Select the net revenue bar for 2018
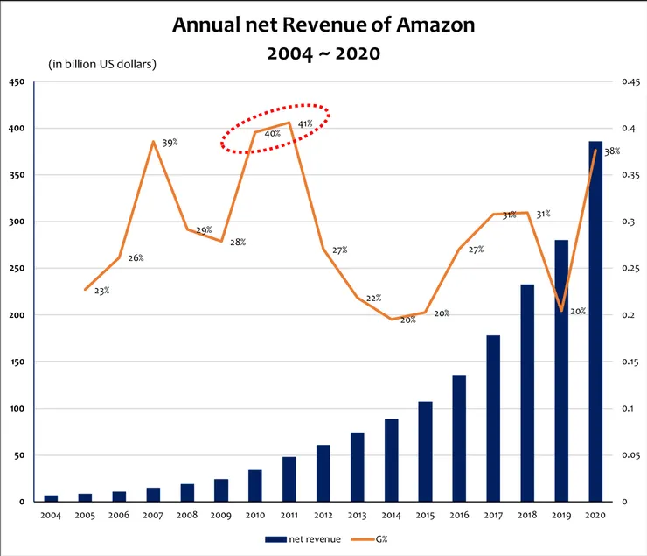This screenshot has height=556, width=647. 527,393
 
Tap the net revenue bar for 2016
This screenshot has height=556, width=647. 459,438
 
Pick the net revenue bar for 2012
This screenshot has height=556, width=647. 323,473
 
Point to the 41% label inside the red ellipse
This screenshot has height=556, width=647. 305,124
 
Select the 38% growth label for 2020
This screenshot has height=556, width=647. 612,151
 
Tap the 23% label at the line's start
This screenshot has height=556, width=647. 102,291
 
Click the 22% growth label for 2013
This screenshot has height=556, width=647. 373,299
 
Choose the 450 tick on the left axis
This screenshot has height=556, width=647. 17,83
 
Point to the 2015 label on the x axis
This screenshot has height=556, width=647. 425,516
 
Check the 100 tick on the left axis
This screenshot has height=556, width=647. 17,409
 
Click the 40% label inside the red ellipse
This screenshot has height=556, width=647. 272,135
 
